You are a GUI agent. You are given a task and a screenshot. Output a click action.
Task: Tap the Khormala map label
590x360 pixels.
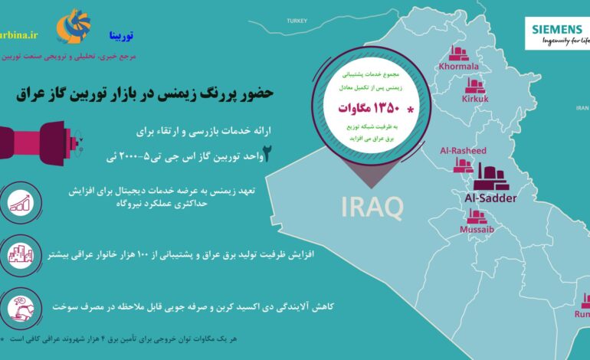[x=459, y=67]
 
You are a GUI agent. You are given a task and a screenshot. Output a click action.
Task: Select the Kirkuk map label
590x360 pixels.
[x=475, y=99]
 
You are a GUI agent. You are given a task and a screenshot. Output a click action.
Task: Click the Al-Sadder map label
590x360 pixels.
[x=490, y=198]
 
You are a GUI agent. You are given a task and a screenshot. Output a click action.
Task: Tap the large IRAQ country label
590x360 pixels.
[x=372, y=205]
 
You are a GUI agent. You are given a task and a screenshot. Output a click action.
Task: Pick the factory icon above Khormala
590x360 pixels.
[x=459, y=52]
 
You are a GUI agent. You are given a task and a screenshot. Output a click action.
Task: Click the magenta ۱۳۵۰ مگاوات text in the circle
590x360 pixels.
[x=369, y=108]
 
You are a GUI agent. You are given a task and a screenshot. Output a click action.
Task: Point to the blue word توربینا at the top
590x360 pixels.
[x=121, y=36]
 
